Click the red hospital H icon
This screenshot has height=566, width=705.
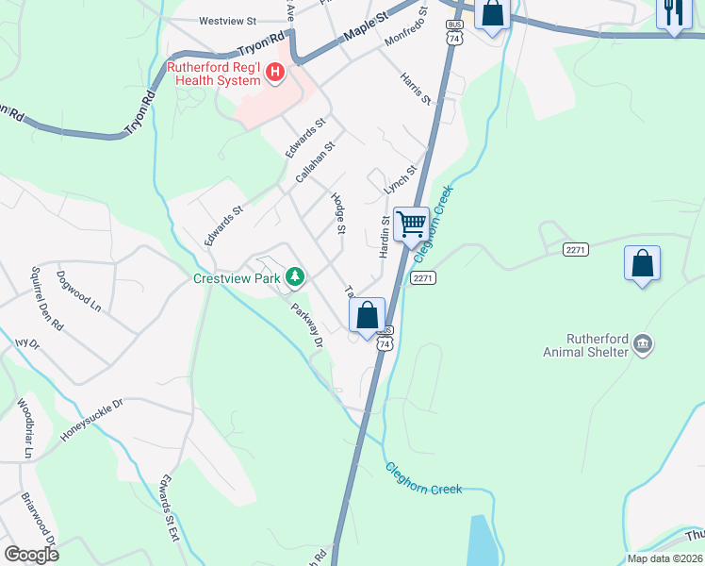pyautogui.click(x=274, y=72)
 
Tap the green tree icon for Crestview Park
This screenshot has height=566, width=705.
pyautogui.click(x=296, y=276)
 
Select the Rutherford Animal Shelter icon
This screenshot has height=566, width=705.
pyautogui.click(x=643, y=343)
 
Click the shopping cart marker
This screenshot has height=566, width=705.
pyautogui.click(x=411, y=225)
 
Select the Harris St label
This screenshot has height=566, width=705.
pyautogui.click(x=415, y=88)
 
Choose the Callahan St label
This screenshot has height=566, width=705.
pyautogui.click(x=315, y=163)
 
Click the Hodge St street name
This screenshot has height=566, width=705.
pyautogui.click(x=339, y=213)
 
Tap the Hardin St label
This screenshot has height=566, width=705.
pyautogui.click(x=385, y=237)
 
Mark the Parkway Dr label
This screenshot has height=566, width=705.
pyautogui.click(x=306, y=324)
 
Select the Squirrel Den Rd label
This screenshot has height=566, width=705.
pyautogui.click(x=47, y=297)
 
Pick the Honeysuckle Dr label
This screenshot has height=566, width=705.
pyautogui.click(x=92, y=420)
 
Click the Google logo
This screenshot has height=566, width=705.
pyautogui.click(x=32, y=555)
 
